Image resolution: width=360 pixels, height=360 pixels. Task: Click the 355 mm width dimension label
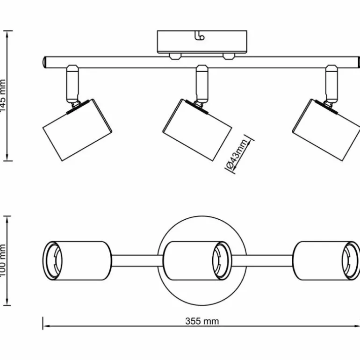[202, 321]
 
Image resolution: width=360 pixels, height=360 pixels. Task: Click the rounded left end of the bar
[43, 62]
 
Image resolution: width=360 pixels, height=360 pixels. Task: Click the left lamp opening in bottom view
[53, 260]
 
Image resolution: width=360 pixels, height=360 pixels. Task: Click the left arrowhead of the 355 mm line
[45, 327]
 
